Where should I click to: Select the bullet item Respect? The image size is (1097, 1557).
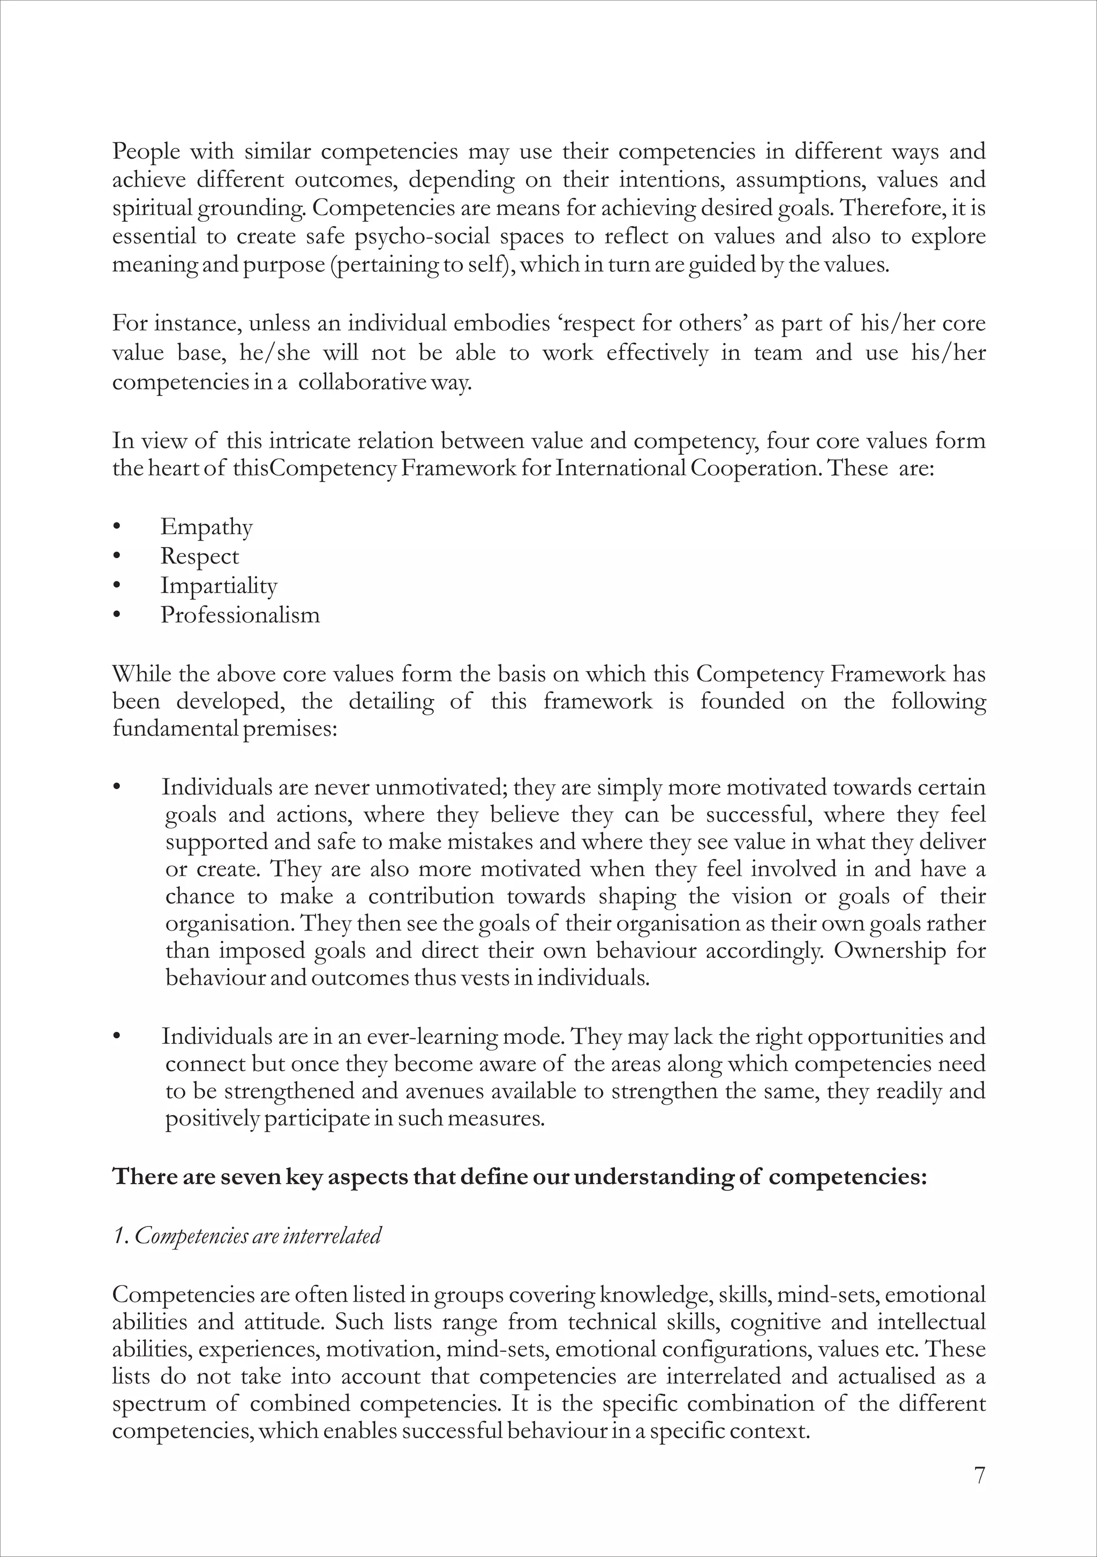(199, 557)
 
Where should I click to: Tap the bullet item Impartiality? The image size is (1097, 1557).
(219, 586)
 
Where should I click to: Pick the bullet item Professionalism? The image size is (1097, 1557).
(240, 615)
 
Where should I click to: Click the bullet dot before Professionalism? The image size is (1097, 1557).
(117, 615)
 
